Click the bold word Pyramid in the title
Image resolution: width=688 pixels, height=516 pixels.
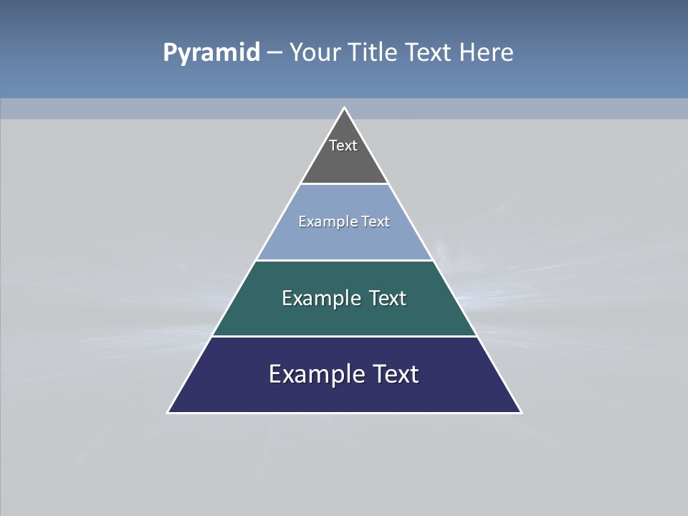point(211,53)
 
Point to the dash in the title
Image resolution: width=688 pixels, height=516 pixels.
point(274,53)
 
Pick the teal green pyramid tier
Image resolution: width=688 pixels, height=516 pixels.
point(344,319)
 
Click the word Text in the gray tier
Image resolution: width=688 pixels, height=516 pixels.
point(343,145)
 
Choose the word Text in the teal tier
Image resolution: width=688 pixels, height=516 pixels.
point(388,298)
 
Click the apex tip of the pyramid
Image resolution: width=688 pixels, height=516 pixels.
point(344,108)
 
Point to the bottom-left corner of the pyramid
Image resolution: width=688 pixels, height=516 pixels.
point(168,412)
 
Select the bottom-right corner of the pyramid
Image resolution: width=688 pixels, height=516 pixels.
point(520,412)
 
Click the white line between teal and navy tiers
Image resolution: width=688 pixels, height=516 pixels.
point(344,336)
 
